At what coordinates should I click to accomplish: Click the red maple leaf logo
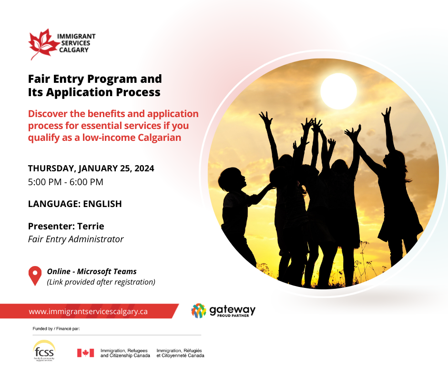tap(43, 44)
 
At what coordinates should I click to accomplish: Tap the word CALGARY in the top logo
tap(74, 50)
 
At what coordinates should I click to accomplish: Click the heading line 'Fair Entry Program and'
tap(95, 79)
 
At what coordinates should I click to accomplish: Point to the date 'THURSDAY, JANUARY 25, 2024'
tap(91, 168)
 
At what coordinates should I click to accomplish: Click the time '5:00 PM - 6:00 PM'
tap(65, 182)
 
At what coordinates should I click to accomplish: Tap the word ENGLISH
tap(102, 204)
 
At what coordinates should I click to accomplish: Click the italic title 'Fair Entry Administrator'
tap(76, 239)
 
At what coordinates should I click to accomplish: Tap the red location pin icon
tap(35, 276)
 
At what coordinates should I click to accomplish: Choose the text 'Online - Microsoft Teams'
tap(92, 271)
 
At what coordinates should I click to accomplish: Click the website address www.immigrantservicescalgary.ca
tap(88, 311)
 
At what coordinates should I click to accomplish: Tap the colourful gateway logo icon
tap(199, 311)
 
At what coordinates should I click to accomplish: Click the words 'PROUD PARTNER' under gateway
tap(233, 316)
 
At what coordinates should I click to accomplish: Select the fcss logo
tap(44, 351)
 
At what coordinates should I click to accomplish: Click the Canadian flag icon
tap(85, 353)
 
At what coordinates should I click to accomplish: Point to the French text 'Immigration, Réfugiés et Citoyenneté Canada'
tap(180, 353)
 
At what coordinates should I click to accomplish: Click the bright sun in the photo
tap(338, 91)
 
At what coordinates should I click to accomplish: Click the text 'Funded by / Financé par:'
tap(56, 329)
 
